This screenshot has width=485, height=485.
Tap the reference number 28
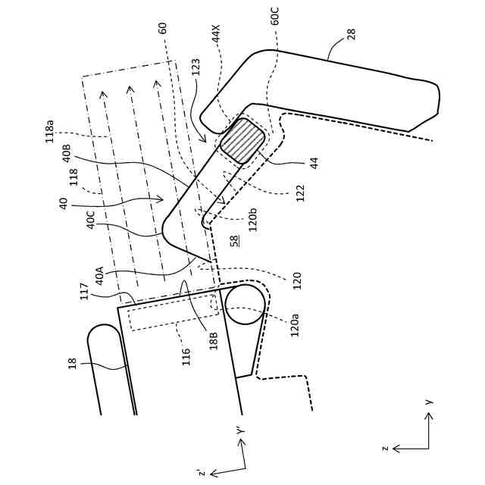(x=351, y=34)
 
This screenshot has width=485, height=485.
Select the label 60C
(x=275, y=16)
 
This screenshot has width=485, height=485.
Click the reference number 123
(x=196, y=67)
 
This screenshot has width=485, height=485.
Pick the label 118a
(x=50, y=130)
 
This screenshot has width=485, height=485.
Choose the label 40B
(x=67, y=153)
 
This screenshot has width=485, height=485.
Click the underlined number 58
(x=234, y=240)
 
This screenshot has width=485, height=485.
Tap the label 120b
(x=253, y=219)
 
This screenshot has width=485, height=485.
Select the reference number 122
(x=300, y=192)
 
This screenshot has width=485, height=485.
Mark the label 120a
(x=295, y=324)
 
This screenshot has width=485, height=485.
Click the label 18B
(x=214, y=339)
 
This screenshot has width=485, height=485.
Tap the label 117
(x=84, y=290)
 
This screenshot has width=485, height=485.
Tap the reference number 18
(x=73, y=363)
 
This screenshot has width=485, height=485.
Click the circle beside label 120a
(x=245, y=304)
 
